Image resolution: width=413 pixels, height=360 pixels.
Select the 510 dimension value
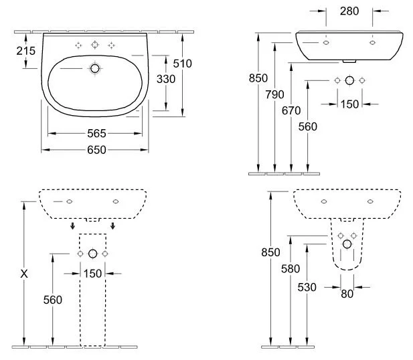click(182, 64)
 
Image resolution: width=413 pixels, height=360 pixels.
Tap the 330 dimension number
click(165, 79)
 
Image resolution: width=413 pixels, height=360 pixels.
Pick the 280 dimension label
click(349, 11)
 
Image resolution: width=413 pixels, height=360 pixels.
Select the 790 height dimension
click(274, 94)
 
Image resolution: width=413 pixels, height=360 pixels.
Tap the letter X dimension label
click(25, 273)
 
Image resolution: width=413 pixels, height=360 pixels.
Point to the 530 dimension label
click(307, 286)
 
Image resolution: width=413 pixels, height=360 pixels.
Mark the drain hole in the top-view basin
click(94, 68)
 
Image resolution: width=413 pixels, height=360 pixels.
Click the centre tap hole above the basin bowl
click(94, 45)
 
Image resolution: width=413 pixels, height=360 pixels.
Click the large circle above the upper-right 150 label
click(349, 80)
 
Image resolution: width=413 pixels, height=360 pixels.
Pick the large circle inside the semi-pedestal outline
click(347, 244)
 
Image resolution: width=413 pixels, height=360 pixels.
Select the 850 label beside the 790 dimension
click(258, 78)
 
